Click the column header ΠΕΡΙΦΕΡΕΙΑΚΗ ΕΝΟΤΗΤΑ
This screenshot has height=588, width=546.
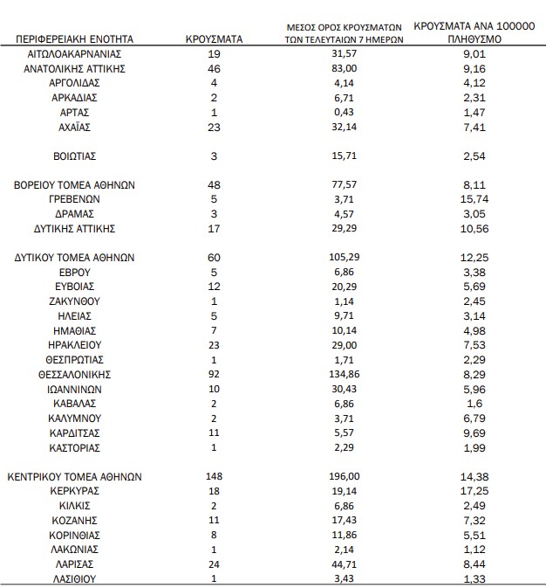pyautogui.click(x=75, y=38)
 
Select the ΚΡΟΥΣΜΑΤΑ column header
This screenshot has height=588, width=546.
pyautogui.click(x=214, y=38)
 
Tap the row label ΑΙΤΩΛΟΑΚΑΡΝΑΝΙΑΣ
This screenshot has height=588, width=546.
pyautogui.click(x=75, y=53)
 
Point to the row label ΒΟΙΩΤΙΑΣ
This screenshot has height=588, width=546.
pyautogui.click(x=75, y=156)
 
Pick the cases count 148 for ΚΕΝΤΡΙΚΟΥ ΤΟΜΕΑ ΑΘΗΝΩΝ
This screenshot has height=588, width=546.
pyautogui.click(x=214, y=477)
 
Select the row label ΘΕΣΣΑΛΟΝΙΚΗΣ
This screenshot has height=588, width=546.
pyautogui.click(x=75, y=374)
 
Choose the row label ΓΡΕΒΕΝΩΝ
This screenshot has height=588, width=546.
pyautogui.click(x=75, y=199)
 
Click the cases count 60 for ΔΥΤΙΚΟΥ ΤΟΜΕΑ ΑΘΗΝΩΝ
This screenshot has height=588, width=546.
pyautogui.click(x=214, y=258)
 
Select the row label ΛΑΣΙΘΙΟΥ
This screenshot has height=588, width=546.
pyautogui.click(x=75, y=579)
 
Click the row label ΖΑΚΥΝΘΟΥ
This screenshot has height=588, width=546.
pyautogui.click(x=75, y=301)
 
